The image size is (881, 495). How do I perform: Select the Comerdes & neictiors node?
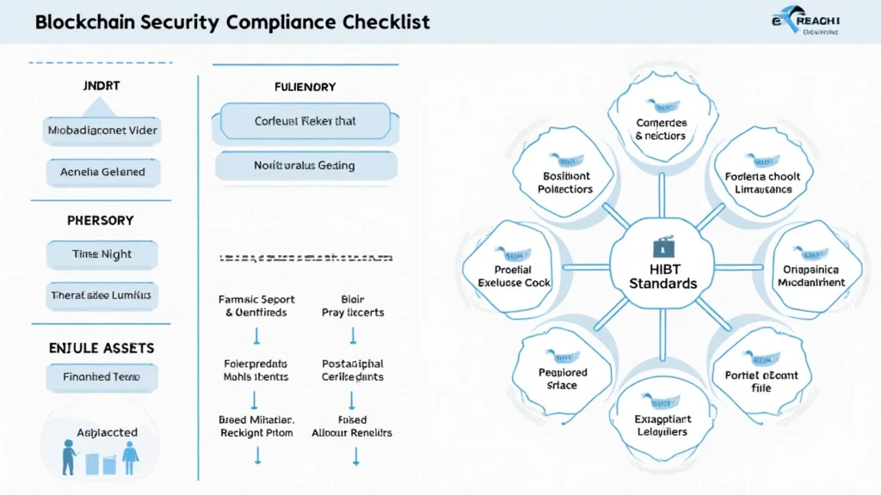pos(660,129)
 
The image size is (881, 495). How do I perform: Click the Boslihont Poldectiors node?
pos(564,180)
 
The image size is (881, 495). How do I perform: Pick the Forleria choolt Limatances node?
pos(762,180)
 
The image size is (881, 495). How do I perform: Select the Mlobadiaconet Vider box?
pos(102,131)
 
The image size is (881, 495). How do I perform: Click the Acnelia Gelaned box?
pos(102,172)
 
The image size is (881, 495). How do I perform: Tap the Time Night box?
pos(102,254)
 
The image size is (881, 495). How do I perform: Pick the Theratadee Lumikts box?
pos(102,295)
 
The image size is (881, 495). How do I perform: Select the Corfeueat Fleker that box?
pos(305,121)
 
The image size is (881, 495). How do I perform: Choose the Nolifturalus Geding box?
pos(305,165)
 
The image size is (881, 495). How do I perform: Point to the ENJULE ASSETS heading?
pos(102,348)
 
